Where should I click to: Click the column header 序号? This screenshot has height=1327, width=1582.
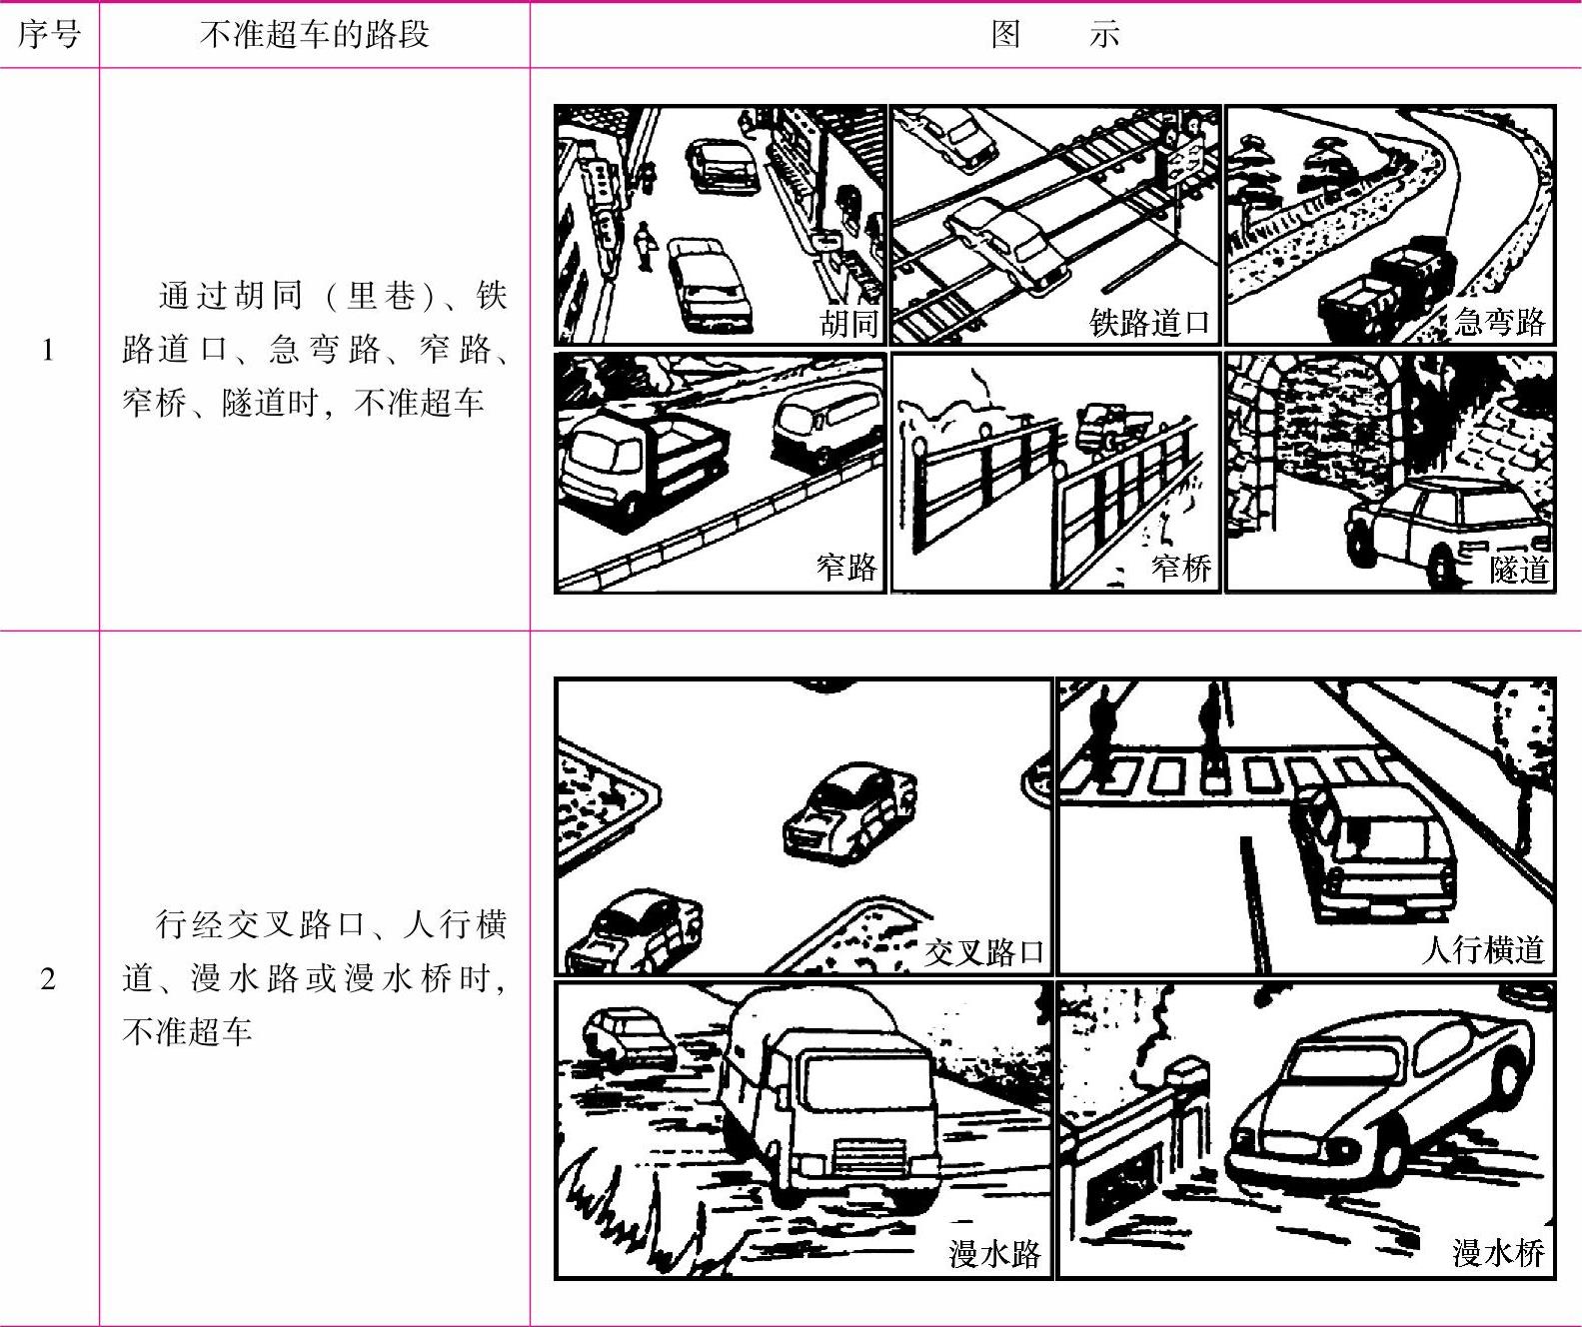point(49,35)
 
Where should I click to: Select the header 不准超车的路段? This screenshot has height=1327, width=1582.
point(315,35)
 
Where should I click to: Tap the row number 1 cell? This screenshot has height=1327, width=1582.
point(48,350)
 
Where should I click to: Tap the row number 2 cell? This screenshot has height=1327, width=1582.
point(48,978)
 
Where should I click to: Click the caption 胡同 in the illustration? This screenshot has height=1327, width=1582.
point(848,324)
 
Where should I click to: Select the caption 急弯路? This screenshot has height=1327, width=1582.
point(1499,321)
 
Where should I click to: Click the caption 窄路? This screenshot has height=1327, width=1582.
point(846,566)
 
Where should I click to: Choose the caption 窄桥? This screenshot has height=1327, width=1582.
point(1181,567)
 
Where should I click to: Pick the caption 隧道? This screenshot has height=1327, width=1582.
point(1518,569)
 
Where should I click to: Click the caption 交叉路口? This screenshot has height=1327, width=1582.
point(984,951)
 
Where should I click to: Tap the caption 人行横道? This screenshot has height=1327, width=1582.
point(1483,948)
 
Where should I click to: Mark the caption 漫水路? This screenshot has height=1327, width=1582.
point(995,1253)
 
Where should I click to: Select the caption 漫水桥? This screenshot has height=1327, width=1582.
point(1499,1252)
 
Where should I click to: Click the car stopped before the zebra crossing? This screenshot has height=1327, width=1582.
point(1371,849)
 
